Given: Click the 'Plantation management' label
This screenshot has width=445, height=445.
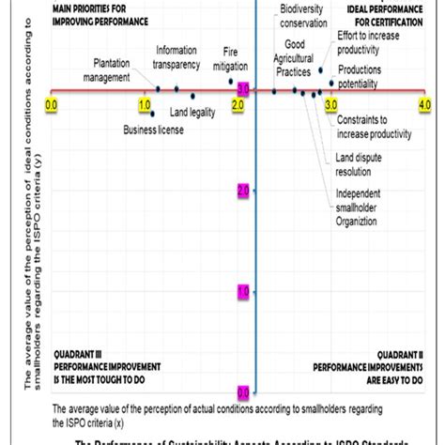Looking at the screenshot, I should pyautogui.click(x=118, y=69).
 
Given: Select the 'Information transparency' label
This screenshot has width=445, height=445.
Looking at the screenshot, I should pyautogui.click(x=177, y=57).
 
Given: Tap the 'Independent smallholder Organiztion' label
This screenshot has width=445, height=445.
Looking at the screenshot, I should pyautogui.click(x=362, y=207).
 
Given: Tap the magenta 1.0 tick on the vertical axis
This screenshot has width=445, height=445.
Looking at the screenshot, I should pyautogui.click(x=243, y=292).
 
